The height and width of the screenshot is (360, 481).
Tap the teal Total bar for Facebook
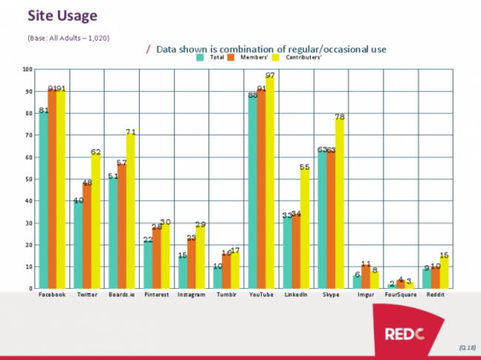[x=44, y=199]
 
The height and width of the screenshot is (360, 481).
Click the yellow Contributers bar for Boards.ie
[x=131, y=210]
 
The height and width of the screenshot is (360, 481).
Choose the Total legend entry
[x=212, y=57]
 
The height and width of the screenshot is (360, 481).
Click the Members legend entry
[x=246, y=57]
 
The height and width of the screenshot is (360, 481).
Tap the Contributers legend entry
[x=289, y=57]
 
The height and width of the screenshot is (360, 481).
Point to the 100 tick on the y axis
[x=28, y=70]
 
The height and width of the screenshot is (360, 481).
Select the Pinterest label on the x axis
[x=157, y=294]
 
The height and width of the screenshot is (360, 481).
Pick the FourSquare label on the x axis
[x=400, y=294]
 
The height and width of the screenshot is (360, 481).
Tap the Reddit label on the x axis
[x=435, y=294]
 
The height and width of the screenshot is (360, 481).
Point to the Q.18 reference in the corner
[x=466, y=346]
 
